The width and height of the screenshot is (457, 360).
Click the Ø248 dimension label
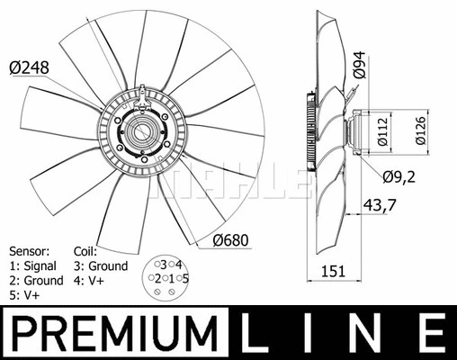click(28, 65)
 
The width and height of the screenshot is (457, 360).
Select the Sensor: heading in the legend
click(29, 250)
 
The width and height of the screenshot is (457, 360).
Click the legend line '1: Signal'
click(32, 265)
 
